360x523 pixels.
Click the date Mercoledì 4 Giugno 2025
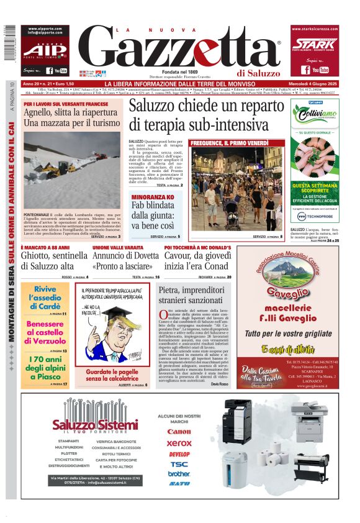[315, 84]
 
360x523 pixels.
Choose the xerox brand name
[179, 443]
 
